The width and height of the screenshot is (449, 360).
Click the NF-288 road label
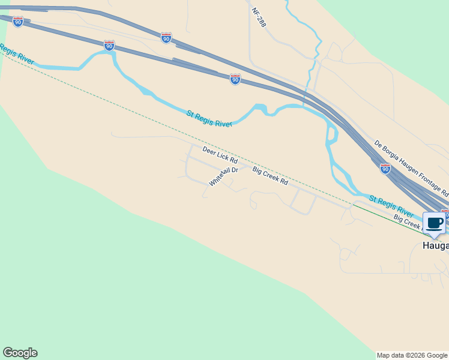[x=258, y=17]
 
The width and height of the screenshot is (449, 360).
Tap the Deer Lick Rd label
[x=220, y=155]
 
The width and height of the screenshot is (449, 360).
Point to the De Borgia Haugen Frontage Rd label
[x=411, y=169]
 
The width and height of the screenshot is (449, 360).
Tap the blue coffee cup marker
[x=435, y=224]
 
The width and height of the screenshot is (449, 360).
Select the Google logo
[x=20, y=353]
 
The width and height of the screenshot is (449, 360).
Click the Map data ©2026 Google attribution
[x=412, y=355]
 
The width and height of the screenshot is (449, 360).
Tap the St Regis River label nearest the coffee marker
[x=391, y=206]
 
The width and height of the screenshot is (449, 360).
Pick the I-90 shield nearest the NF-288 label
[x=235, y=79]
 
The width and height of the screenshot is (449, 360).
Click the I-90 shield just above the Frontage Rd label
[x=385, y=169]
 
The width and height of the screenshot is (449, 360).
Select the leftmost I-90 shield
[x=18, y=22]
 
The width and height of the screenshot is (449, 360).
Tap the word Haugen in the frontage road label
[x=407, y=166]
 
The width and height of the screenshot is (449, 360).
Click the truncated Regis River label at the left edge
[x=17, y=54]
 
